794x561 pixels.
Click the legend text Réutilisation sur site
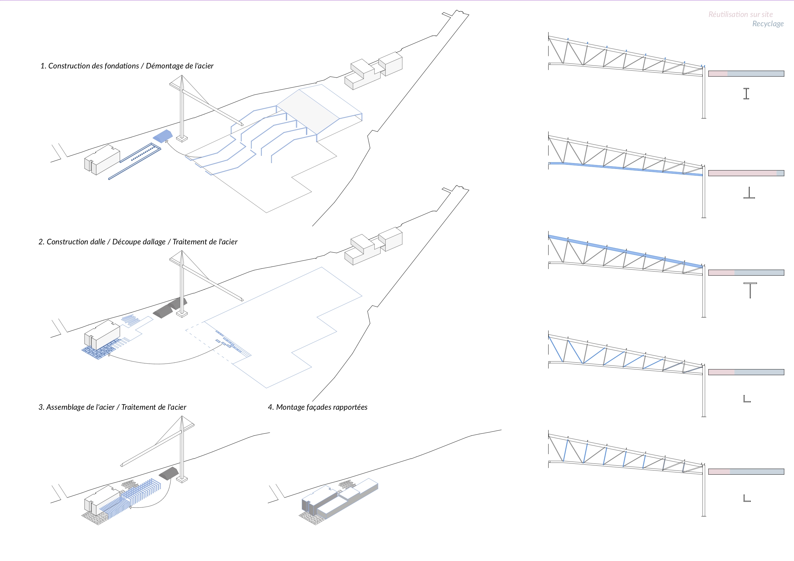741,14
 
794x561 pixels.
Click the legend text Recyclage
768,24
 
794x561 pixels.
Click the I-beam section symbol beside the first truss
746,94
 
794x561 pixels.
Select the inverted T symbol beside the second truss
749,193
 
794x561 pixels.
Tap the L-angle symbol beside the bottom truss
747,498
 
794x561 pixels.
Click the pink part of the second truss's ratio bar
742,173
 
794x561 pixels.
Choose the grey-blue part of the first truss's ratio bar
756,74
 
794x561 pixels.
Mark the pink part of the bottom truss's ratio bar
719,472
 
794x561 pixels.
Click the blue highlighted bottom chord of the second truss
626,169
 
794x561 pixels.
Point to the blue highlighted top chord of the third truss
626,251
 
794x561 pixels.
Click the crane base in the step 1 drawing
182,138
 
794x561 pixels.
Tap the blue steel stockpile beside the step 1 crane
163,136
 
